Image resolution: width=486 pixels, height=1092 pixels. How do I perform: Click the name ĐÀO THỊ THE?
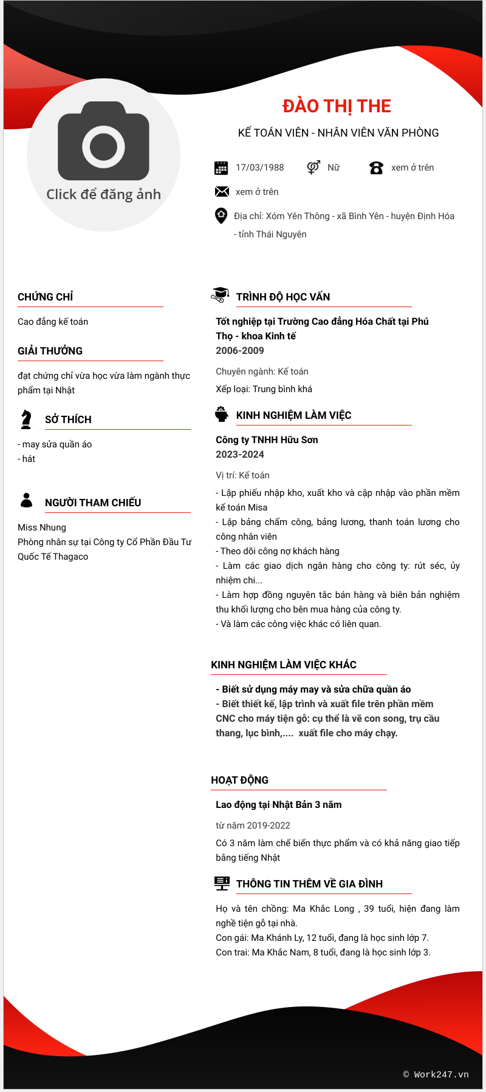coord(337,106)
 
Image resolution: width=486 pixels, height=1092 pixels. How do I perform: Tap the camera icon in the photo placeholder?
coord(103,141)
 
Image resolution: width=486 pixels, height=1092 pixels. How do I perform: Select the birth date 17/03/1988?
coord(259,168)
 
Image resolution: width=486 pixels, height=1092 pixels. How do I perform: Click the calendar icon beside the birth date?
coord(221,168)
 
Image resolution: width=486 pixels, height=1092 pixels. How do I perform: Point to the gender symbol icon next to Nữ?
coord(313,167)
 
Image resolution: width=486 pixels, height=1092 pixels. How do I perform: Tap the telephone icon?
coord(376,168)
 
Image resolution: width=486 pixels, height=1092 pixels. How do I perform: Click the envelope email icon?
coord(222,192)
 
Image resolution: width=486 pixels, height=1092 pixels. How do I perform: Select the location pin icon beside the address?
coord(221,215)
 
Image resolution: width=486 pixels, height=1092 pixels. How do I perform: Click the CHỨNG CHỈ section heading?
coord(46,297)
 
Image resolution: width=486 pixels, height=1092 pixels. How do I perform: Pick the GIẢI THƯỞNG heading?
coord(50,351)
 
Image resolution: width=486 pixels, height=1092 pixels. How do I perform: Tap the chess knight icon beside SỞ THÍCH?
coord(26,419)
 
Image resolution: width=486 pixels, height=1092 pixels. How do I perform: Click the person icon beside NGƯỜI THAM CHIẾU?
coord(26,500)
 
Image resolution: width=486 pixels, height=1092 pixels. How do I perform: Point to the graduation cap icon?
coord(220,295)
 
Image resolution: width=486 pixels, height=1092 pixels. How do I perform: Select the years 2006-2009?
coord(240,350)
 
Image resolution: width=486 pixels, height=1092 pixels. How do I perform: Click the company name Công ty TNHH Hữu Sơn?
coord(267,439)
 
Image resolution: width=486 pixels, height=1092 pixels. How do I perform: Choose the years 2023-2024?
coord(240,454)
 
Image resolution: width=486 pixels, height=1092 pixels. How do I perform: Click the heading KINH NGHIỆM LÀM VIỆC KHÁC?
coord(284,665)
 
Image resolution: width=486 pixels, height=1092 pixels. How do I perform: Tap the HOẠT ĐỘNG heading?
coord(239,780)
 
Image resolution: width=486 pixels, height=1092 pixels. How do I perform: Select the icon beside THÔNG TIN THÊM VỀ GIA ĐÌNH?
coord(222,883)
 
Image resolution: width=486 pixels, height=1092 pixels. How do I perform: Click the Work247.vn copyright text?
coord(436,1074)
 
